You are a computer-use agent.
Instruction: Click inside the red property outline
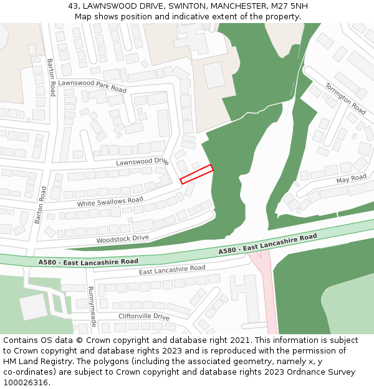pos(197,174)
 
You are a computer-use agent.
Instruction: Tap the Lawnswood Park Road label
pos(92,86)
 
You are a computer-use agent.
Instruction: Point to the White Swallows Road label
pos(110,202)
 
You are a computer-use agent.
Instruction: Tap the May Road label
pos(352,179)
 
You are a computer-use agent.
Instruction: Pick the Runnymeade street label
pos(92,306)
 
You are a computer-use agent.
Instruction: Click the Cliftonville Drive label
pos(144,317)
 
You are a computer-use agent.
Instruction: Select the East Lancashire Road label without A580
pos(172,269)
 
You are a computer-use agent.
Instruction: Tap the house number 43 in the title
pos(74,6)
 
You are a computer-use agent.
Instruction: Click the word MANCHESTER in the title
pos(237,6)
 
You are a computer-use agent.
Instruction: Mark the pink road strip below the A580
pos(269,299)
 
